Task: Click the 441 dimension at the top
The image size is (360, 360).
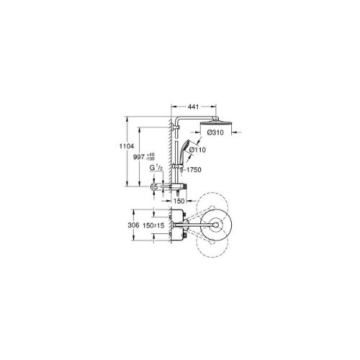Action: coord(193,107)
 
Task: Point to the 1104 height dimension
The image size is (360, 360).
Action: coord(127,146)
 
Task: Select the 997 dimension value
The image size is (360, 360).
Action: coord(139,157)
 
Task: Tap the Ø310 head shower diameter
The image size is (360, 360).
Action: coord(215,132)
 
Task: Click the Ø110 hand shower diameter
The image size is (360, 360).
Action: coord(197,150)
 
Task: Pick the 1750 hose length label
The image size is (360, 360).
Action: coord(194,170)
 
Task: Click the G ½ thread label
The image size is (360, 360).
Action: coord(156,168)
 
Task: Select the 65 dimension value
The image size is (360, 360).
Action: coord(154,186)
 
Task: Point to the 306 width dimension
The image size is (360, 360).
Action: coord(133,225)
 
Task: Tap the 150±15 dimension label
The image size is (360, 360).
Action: coord(153,225)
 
